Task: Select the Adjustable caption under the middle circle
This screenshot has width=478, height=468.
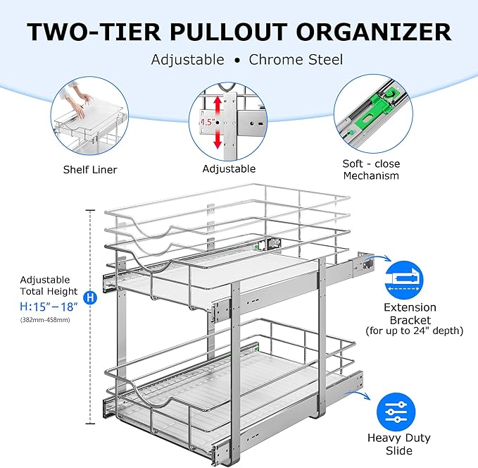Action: coord(229,169)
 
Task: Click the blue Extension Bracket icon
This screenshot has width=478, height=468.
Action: coord(410,279)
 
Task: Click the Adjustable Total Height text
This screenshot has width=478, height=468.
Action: coord(49,285)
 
